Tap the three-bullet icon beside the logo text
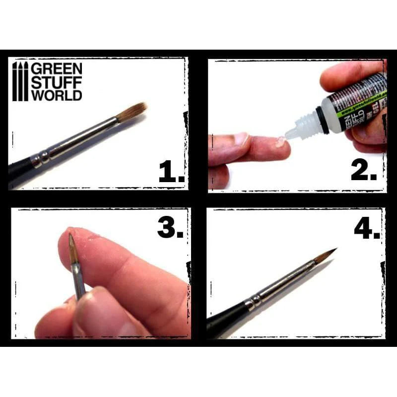[20, 82]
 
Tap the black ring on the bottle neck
[325, 120]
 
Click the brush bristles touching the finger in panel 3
[72, 248]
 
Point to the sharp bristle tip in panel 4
[333, 251]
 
